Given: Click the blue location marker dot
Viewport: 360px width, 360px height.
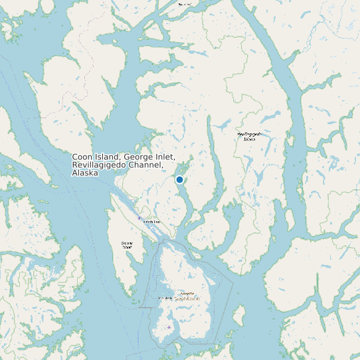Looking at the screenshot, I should [x=179, y=179].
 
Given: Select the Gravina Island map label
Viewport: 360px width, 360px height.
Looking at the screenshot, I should [x=127, y=244].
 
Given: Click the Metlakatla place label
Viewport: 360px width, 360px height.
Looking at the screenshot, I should [x=165, y=298].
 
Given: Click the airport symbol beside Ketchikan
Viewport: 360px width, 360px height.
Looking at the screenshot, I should [x=139, y=218].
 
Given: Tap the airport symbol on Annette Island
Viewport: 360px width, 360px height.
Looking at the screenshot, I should [x=169, y=327].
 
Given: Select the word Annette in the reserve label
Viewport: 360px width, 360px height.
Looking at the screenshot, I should [x=187, y=293].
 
